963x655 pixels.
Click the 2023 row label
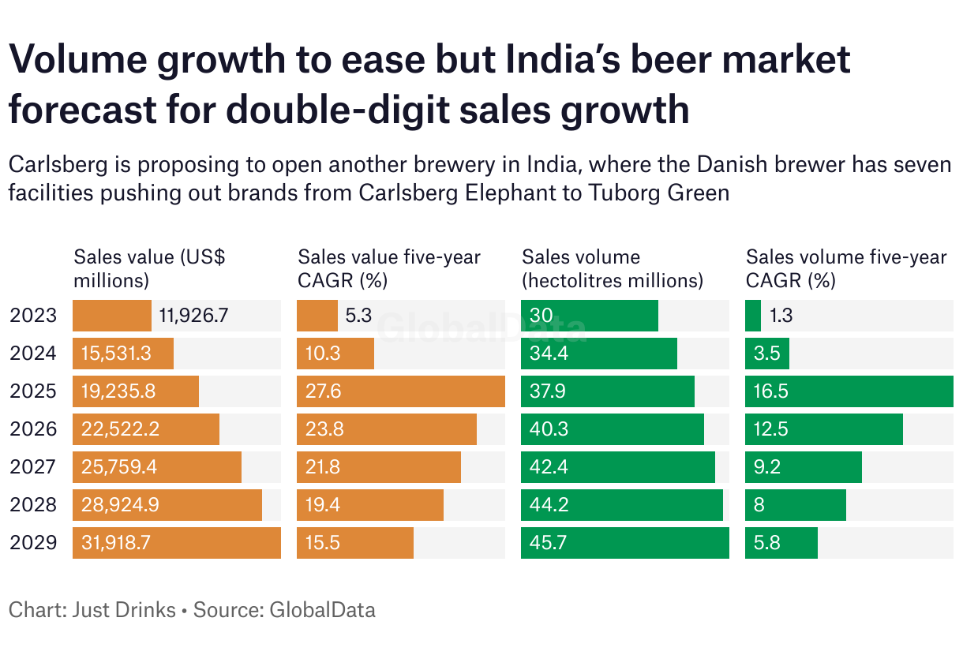pyautogui.click(x=33, y=316)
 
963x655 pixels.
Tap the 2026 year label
pyautogui.click(x=33, y=429)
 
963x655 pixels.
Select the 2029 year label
pyautogui.click(x=33, y=543)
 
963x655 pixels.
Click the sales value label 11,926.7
pyautogui.click(x=193, y=316)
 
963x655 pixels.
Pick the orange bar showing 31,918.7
pyautogui.click(x=176, y=543)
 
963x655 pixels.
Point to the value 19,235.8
pyautogui.click(x=116, y=391)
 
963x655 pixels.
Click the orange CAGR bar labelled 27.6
pyautogui.click(x=400, y=391)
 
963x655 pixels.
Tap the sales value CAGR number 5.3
pyautogui.click(x=358, y=316)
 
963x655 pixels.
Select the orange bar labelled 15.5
pyautogui.click(x=354, y=543)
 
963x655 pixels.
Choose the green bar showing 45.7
pyautogui.click(x=624, y=543)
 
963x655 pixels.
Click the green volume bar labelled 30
pyautogui.click(x=589, y=316)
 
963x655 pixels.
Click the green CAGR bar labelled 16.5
pyautogui.click(x=849, y=391)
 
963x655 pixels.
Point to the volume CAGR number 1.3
pyautogui.click(x=781, y=316)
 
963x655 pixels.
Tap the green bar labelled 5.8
pyautogui.click(x=781, y=543)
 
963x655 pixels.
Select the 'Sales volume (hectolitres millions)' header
pyautogui.click(x=612, y=268)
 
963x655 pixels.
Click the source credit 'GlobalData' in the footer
pyautogui.click(x=322, y=609)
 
